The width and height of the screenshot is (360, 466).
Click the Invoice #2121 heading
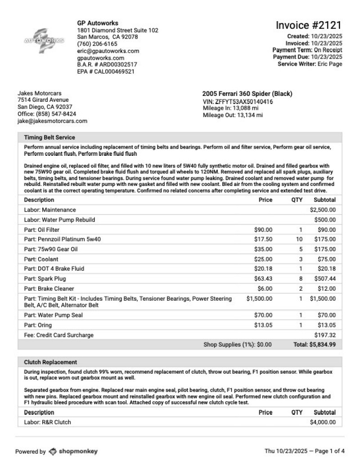pyautogui.click(x=309, y=25)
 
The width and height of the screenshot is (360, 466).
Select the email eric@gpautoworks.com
pyautogui.click(x=108, y=51)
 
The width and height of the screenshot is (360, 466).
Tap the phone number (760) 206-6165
pyautogui.click(x=97, y=44)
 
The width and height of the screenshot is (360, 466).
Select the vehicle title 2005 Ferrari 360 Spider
pyautogui.click(x=247, y=94)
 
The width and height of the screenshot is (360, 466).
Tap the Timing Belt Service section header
pyautogui.click(x=49, y=137)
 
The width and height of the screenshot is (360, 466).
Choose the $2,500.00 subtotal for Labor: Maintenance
pyautogui.click(x=323, y=210)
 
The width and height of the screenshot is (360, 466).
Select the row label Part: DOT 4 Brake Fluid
pyautogui.click(x=54, y=269)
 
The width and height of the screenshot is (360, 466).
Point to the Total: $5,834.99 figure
pyautogui.click(x=315, y=345)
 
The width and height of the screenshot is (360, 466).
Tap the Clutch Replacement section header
pyautogui.click(x=50, y=362)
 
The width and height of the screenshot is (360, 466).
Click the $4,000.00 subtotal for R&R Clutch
pyautogui.click(x=323, y=422)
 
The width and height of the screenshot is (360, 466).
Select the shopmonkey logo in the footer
pyautogui.click(x=73, y=451)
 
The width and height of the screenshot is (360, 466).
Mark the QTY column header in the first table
pyautogui.click(x=297, y=200)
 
